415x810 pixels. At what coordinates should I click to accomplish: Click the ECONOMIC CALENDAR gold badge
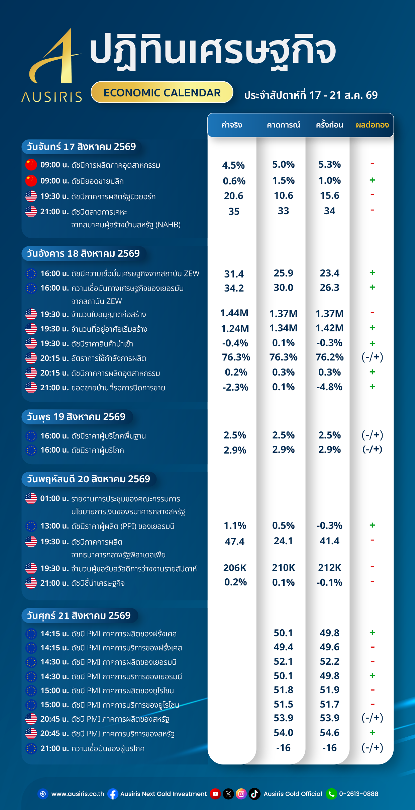(162, 92)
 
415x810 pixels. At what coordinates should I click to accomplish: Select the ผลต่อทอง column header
(372, 125)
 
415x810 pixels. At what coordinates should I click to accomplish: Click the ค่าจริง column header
(232, 125)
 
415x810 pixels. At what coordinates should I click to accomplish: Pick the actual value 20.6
(233, 196)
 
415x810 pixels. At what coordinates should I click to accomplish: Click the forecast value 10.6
(283, 195)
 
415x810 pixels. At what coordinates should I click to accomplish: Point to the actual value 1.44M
(234, 313)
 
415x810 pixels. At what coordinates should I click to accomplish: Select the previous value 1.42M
(329, 328)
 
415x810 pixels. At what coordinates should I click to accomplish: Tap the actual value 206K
(235, 568)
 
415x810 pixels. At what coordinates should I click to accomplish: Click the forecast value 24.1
(283, 541)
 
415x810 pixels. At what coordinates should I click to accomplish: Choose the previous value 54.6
(329, 733)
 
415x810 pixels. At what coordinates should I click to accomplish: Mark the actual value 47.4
(234, 541)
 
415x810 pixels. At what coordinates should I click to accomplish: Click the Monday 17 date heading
(82, 147)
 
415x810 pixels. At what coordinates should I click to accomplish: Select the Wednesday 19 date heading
(76, 417)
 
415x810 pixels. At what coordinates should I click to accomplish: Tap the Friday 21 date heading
(79, 616)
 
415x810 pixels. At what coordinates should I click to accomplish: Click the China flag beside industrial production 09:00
(31, 165)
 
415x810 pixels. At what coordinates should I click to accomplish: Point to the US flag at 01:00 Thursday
(31, 498)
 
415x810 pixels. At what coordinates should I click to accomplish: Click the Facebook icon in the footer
(113, 794)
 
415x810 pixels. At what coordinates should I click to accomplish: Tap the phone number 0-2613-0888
(359, 794)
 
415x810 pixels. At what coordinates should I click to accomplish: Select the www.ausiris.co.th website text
(78, 794)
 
